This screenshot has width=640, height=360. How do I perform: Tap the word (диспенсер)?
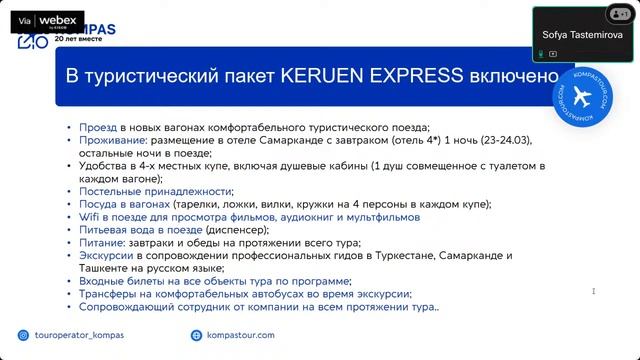coord(238,229)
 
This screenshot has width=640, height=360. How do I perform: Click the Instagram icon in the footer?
coord(24,336)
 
